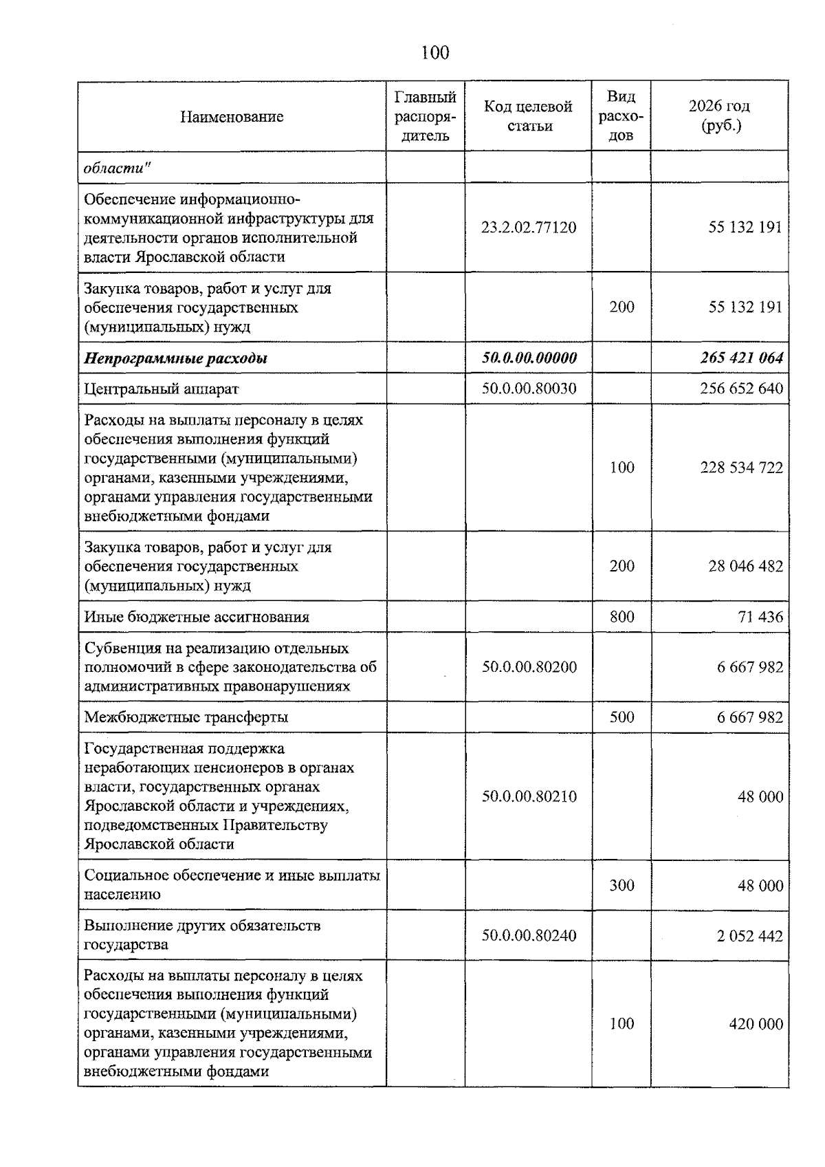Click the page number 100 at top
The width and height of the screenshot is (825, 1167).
435,53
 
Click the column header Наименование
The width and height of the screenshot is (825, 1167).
232,117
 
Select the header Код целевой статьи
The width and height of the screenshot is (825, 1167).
528,116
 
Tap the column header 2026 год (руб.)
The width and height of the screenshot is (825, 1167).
719,116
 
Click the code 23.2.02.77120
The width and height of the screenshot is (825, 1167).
528,228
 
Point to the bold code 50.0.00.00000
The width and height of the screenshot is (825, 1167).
529,358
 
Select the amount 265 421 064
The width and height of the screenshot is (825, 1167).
742,358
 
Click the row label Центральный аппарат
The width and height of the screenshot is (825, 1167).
162,389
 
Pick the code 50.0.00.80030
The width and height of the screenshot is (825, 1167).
529,389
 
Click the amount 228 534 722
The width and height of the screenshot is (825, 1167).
742,468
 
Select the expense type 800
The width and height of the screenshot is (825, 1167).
621,617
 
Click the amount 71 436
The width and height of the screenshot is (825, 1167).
760,617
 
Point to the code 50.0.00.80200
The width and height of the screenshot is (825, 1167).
529,667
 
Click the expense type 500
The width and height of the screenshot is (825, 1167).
621,717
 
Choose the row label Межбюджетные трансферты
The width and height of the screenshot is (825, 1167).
186,717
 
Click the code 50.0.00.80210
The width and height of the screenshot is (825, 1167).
529,796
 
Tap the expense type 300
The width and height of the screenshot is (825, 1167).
621,886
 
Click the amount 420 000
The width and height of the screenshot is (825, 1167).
756,1024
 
